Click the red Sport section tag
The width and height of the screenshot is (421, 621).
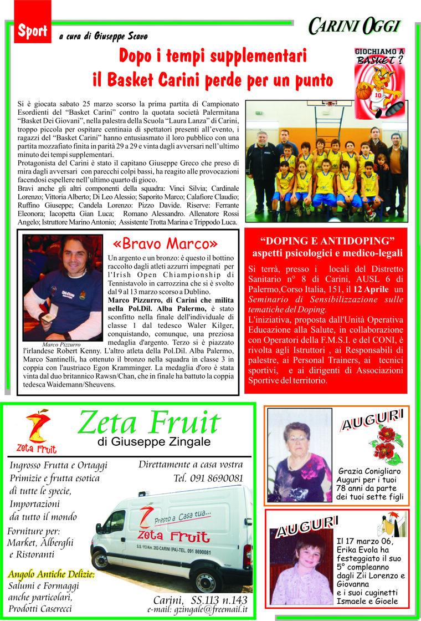point(33,31)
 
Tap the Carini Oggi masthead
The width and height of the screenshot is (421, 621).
point(354,26)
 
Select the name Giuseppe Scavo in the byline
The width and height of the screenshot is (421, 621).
point(123,37)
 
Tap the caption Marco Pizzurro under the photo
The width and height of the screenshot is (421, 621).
point(62,344)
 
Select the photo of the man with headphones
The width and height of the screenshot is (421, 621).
point(63,287)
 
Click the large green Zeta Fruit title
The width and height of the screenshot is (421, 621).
point(149,424)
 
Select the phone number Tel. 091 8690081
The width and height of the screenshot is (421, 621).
point(208,477)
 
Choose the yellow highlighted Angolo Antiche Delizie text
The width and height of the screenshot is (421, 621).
point(51,574)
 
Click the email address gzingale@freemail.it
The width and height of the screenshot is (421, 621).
point(197,609)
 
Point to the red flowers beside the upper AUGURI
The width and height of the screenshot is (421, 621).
point(386,444)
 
